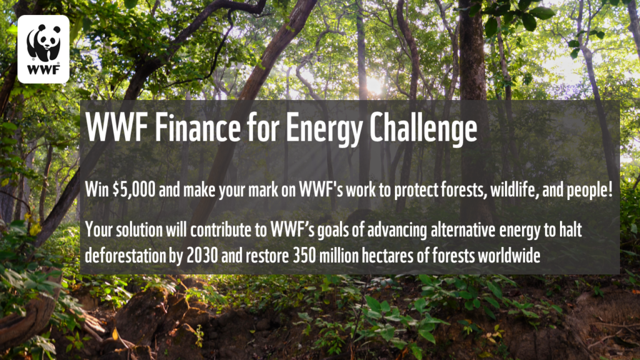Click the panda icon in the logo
[43, 42]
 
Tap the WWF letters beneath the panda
[44, 72]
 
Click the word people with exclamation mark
[584, 191]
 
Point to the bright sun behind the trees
[374, 84]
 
